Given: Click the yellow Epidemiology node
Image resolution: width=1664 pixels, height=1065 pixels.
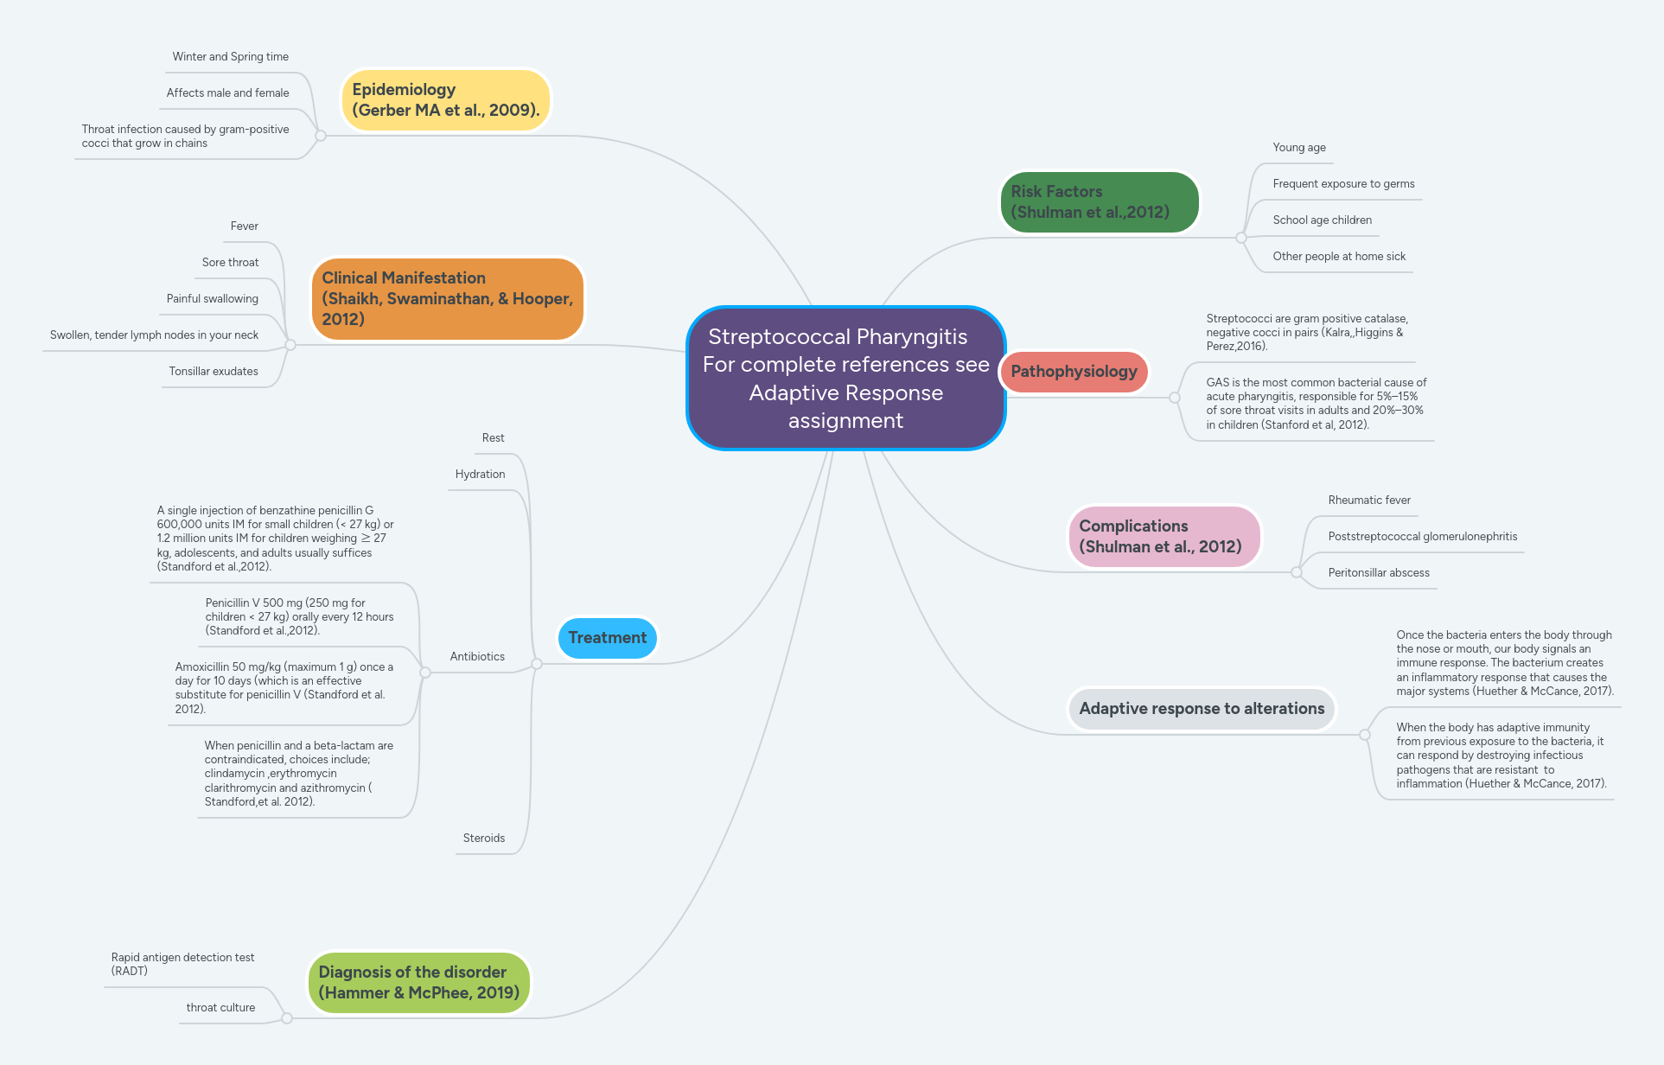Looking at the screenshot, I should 445,100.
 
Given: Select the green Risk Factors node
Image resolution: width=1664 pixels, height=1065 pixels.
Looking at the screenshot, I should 1098,202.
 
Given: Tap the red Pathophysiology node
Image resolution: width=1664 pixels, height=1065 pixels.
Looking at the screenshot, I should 1074,372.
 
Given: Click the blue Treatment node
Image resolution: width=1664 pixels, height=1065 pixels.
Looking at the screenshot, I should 607,638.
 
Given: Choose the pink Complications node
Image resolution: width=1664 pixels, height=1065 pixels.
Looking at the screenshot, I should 1164,537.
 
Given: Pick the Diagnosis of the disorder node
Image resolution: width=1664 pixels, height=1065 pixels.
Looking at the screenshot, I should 418,983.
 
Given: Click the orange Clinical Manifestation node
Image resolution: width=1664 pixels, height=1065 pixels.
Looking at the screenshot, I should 447,299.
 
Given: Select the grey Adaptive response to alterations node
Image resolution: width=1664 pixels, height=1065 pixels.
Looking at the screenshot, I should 1201,709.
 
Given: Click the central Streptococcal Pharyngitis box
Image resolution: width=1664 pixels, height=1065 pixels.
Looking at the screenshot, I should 845,379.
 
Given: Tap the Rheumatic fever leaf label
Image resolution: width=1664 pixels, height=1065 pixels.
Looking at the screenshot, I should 1368,501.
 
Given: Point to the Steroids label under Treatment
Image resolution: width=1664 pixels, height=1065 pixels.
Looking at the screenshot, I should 483,839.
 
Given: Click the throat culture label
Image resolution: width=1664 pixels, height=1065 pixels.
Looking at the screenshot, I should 220,1008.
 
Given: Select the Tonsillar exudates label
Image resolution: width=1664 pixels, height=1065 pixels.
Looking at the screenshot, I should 214,372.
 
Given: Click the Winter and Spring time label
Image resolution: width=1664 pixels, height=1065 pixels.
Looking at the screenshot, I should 230,57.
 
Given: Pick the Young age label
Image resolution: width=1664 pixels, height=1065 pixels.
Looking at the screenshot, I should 1298,148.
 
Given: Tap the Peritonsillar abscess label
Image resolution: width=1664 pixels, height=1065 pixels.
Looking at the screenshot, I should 1378,573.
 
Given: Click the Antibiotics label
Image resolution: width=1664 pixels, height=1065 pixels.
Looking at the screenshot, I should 477,657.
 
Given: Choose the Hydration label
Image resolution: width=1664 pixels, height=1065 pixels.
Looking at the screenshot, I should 480,475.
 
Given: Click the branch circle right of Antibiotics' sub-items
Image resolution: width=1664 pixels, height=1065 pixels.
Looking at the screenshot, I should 425,673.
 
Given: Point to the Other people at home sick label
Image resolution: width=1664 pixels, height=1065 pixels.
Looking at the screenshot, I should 1338,257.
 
